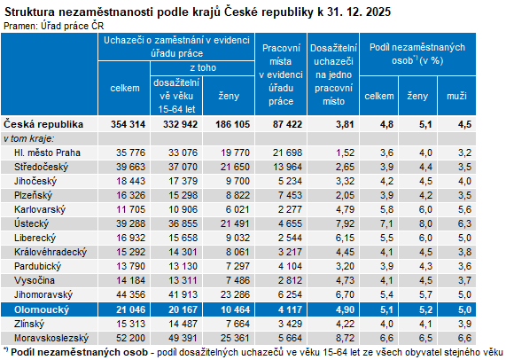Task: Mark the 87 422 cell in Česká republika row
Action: click(285, 125)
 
